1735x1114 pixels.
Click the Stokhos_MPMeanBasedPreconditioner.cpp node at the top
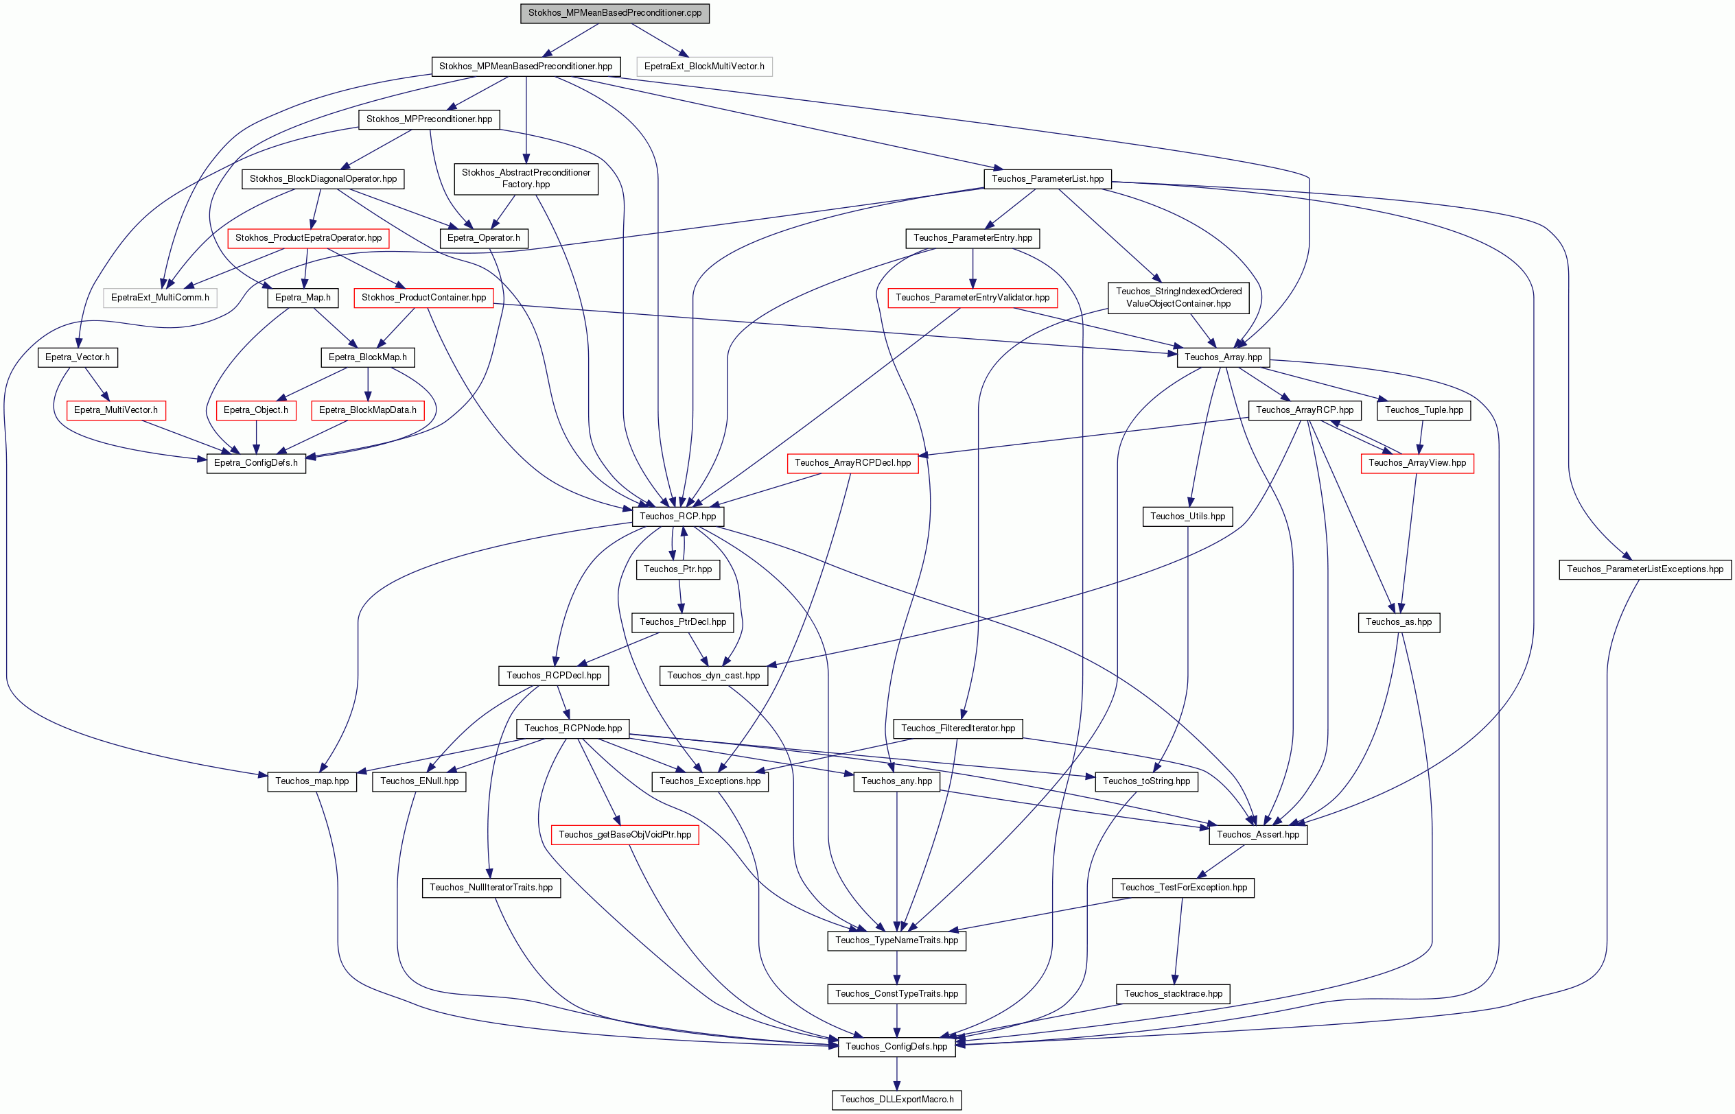click(614, 13)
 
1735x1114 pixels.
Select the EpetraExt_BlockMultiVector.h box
click(704, 67)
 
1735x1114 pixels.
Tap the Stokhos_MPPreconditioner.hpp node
click(429, 119)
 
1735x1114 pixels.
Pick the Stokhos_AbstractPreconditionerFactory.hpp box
click(526, 178)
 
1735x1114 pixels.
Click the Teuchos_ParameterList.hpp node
click(1047, 178)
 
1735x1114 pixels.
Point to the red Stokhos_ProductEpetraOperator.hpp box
click(308, 238)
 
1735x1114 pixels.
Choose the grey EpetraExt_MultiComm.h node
click(160, 297)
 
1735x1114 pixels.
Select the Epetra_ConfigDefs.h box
click(256, 463)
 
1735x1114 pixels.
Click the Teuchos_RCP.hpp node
click(678, 517)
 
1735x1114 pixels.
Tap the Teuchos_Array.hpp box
click(1223, 357)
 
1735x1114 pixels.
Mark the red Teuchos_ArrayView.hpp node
click(1417, 463)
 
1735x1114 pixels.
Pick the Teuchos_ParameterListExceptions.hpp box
click(1644, 569)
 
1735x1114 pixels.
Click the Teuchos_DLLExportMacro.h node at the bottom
click(896, 1100)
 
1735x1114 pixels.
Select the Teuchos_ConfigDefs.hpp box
click(896, 1047)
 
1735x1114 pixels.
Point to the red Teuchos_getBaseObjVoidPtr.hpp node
click(625, 835)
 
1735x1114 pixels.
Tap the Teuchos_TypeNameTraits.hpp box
click(896, 940)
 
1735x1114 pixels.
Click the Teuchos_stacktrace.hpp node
click(1173, 994)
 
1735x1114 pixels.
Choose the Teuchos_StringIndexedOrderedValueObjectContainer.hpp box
click(1178, 297)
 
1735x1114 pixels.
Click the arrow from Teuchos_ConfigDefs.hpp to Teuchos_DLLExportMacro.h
click(896, 1074)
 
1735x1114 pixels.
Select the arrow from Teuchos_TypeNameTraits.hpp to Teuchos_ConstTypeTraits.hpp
click(896, 967)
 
